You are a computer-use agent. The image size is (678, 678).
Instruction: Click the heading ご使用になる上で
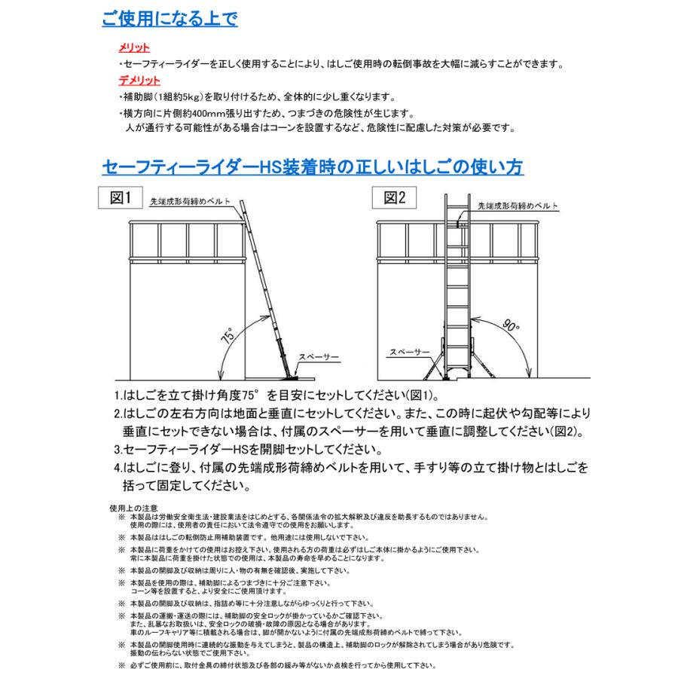pos(169,18)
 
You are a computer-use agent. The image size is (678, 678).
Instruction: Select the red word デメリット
pos(139,81)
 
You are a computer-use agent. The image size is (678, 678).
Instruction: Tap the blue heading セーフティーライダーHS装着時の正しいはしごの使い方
pos(313,166)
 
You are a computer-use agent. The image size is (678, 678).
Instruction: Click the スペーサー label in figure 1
pos(319,356)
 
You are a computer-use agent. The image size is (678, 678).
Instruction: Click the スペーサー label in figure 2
pos(411,352)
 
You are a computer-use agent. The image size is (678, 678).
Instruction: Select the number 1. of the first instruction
pos(118,396)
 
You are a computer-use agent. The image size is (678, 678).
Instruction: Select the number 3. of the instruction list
pos(118,450)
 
